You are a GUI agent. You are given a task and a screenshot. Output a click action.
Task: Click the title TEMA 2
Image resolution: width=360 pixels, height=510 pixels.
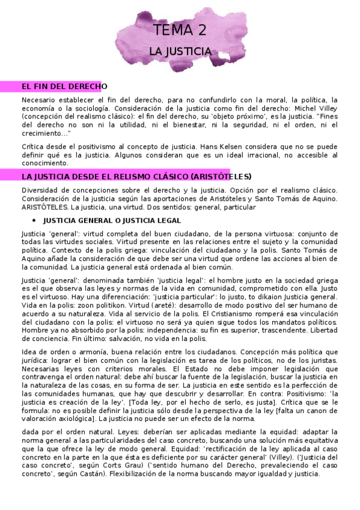[180, 31]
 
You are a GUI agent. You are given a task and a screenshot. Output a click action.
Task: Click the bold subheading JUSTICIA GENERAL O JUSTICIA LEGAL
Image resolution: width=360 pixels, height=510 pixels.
[112, 221]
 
